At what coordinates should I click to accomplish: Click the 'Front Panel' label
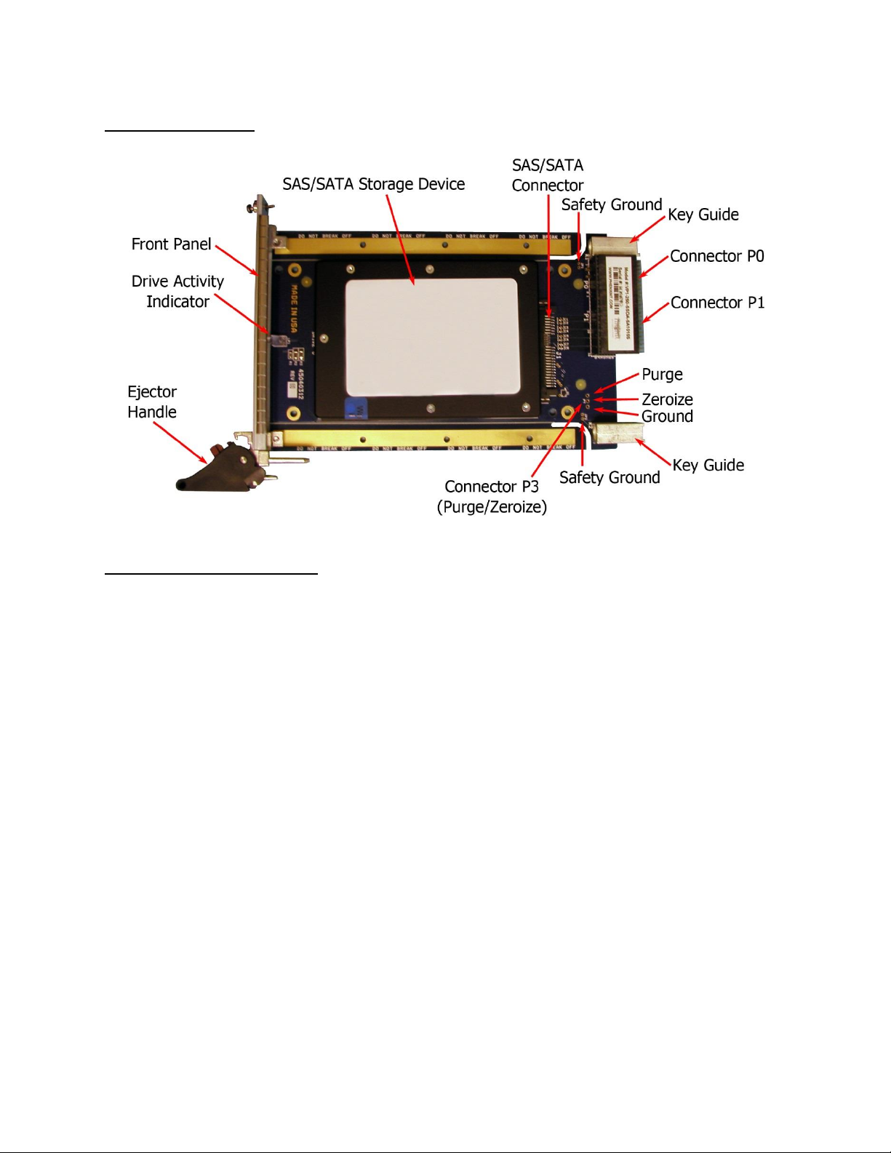[171, 244]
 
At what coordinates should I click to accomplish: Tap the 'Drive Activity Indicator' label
[177, 291]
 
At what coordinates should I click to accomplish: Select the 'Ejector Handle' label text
[152, 402]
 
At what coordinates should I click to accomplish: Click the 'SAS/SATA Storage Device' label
[373, 185]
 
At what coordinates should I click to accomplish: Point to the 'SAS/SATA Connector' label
[547, 175]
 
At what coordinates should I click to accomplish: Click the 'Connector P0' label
[716, 257]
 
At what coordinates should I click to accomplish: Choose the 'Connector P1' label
[717, 303]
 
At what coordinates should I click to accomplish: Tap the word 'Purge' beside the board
[662, 375]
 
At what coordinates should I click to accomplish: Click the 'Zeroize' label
[667, 399]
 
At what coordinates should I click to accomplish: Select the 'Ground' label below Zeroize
[667, 417]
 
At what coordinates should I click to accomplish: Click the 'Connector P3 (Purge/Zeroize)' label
[492, 496]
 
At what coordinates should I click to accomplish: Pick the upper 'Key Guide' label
[703, 215]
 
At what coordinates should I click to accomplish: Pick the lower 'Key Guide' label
[708, 466]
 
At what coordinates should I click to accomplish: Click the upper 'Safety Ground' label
[611, 205]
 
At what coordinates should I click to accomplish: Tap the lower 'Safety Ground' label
[610, 478]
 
